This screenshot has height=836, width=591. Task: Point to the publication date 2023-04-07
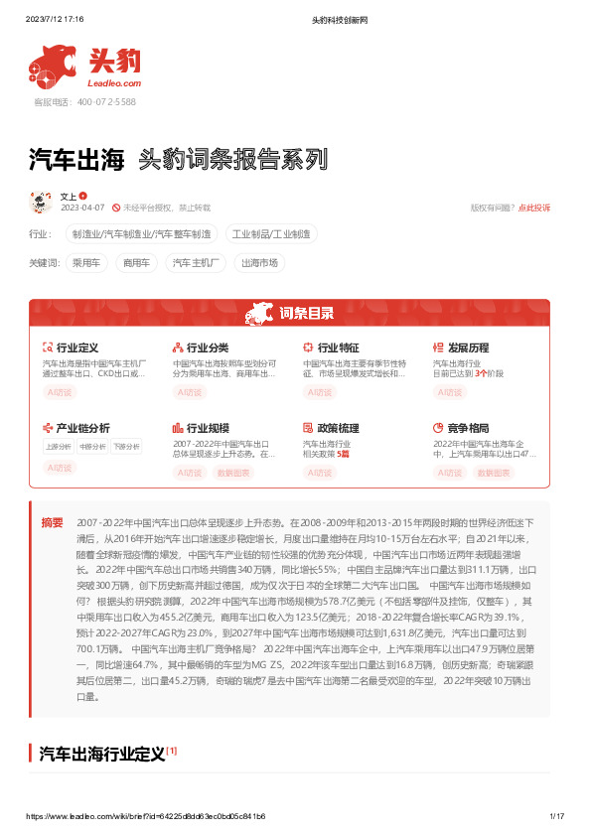83,208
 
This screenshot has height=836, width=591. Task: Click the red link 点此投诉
534,208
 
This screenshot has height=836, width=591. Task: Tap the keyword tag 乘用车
88,263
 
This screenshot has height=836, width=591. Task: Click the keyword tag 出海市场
260,263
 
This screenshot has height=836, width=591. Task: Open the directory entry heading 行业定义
76,348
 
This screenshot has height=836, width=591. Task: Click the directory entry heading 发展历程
468,348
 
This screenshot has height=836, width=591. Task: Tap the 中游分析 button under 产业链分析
92,446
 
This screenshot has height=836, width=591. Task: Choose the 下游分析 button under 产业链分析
125,446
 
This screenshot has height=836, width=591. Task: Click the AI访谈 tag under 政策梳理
319,473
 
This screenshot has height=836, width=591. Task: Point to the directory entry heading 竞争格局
468,428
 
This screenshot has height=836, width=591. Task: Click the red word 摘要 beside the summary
52,522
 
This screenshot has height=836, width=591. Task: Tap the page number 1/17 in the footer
556,815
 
